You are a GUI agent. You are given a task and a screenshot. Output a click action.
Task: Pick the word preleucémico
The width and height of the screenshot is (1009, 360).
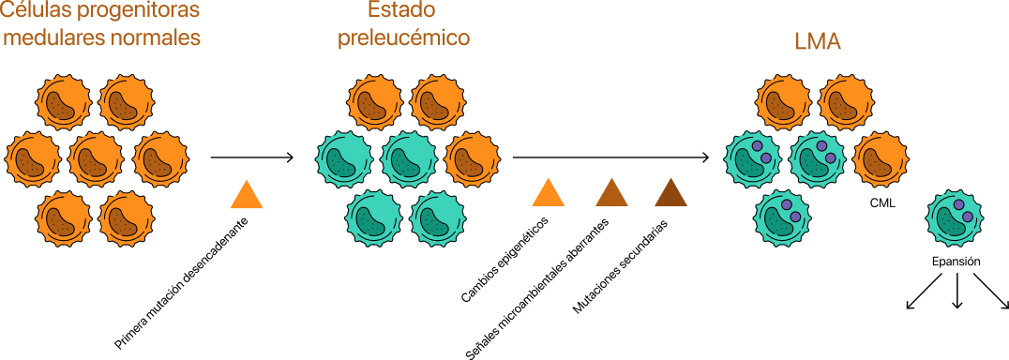pos(403,39)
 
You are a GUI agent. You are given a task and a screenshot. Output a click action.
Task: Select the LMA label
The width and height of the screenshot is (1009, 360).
pos(817,42)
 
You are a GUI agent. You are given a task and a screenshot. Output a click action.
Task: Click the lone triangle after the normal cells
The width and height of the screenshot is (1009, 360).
pos(247,195)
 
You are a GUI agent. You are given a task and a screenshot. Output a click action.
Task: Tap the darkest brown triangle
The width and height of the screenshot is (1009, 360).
pos(670,193)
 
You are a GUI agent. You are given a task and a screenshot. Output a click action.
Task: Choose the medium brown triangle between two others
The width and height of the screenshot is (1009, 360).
pos(611,193)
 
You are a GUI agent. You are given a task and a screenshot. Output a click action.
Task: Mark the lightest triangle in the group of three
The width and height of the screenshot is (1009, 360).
pos(549,193)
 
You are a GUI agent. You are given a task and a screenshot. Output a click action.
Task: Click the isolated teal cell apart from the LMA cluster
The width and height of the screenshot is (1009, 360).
pos(955,217)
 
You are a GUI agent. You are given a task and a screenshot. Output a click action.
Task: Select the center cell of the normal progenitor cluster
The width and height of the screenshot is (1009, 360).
pos(96,159)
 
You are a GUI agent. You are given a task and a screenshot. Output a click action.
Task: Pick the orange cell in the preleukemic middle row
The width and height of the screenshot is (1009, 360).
pos(472,159)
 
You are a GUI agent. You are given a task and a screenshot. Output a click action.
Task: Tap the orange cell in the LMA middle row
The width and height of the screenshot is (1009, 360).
pos(880,159)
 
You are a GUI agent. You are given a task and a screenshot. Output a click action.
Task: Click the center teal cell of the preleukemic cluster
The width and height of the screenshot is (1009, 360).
pos(409,159)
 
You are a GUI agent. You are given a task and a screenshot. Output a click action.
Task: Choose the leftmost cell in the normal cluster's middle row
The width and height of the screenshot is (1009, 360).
pos(33,159)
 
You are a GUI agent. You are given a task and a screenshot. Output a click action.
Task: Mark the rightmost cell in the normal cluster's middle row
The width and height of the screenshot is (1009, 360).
pos(160,159)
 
